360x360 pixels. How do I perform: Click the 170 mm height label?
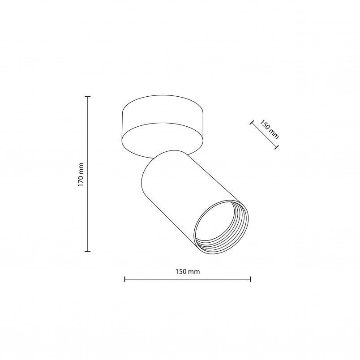(81, 175)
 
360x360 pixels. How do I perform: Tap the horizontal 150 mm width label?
(188, 272)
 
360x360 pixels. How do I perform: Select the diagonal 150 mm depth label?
(270, 129)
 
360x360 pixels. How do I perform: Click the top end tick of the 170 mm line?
(87, 97)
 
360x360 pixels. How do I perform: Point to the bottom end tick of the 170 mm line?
(87, 251)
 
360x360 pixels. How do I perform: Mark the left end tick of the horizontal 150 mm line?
(124, 279)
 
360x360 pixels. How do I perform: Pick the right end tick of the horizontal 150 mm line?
(250, 279)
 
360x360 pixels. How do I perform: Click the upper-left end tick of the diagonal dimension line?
(252, 123)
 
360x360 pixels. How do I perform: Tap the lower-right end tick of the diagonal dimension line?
(277, 147)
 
